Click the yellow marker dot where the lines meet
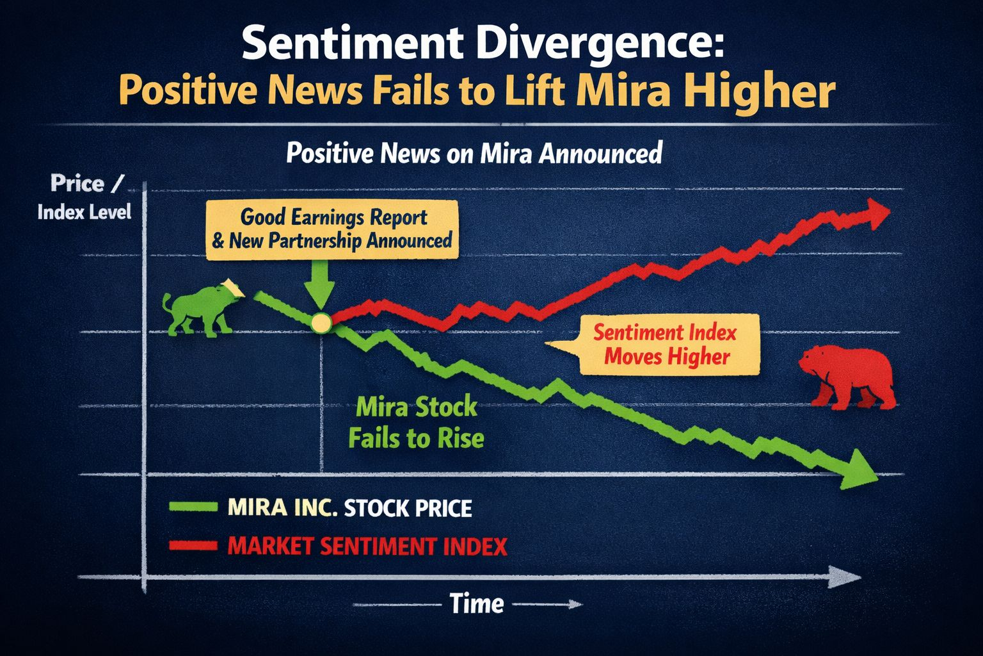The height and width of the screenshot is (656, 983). click(320, 322)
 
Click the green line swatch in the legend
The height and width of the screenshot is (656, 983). click(193, 507)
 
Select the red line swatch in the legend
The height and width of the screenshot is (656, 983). click(193, 546)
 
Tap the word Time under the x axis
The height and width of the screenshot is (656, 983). click(476, 603)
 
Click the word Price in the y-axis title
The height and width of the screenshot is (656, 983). click(77, 184)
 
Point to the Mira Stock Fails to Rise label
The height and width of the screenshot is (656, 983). click(416, 423)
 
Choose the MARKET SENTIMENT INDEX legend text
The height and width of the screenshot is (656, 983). click(367, 546)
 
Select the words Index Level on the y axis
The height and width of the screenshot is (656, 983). click(84, 212)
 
